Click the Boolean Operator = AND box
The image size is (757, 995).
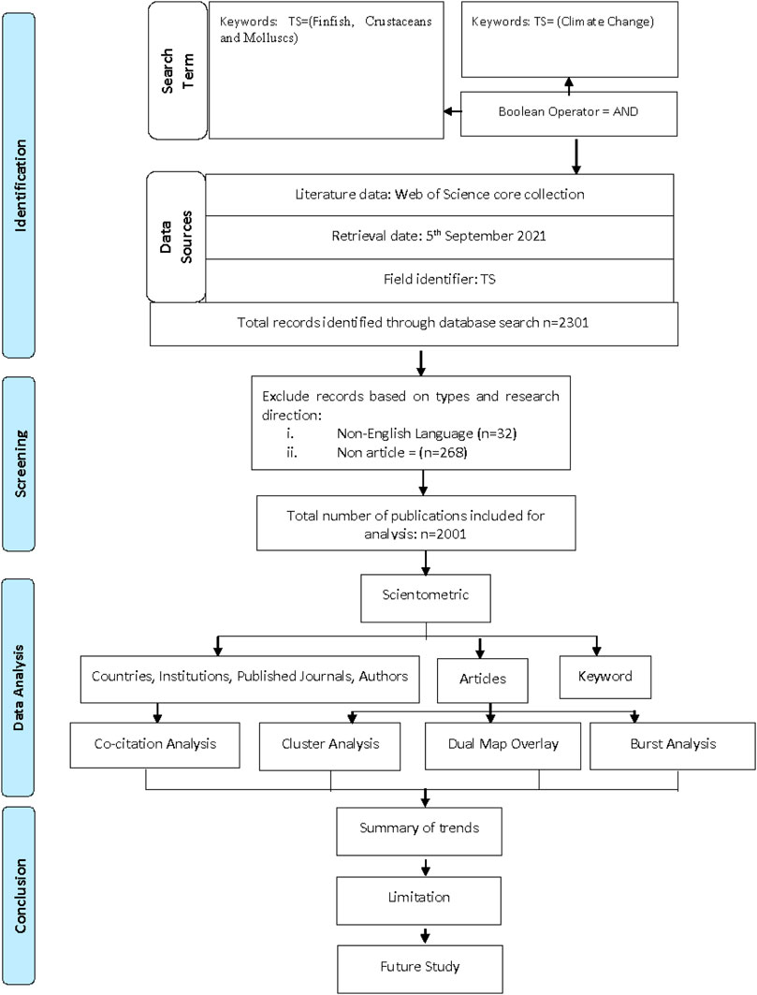click(569, 113)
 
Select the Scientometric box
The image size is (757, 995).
click(425, 598)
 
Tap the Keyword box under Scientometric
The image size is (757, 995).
click(604, 677)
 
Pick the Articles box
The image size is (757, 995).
click(482, 680)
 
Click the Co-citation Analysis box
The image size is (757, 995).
click(154, 745)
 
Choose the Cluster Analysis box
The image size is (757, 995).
click(330, 746)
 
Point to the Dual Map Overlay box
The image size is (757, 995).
click(502, 746)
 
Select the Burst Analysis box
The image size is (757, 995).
click(673, 746)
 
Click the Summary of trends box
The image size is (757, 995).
click(419, 831)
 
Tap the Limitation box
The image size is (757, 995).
click(419, 900)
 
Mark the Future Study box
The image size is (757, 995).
click(419, 969)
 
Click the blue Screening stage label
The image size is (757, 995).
click(20, 464)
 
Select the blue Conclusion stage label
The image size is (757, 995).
click(20, 896)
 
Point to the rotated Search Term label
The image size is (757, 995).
click(178, 70)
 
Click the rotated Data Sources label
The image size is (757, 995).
click(176, 237)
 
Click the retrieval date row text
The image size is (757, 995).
click(439, 236)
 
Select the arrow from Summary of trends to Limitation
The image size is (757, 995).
click(425, 866)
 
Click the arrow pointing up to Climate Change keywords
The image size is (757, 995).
click(569, 85)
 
